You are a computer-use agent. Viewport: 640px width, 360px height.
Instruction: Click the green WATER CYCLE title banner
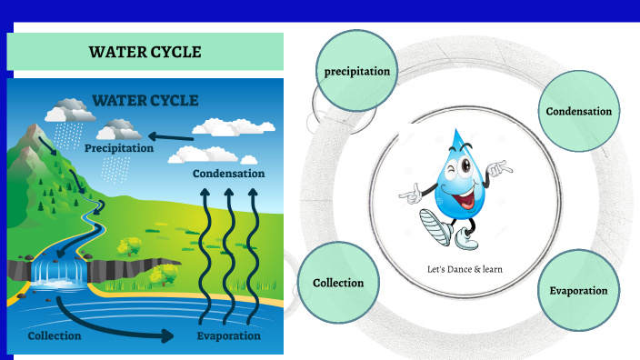coord(145,52)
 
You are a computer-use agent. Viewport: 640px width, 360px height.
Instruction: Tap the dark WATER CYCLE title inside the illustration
coord(145,98)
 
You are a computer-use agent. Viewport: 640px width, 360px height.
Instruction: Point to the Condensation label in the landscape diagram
coord(228,173)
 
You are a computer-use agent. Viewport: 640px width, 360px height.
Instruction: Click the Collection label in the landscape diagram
coord(55,335)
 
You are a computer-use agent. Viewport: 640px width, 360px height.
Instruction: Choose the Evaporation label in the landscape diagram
coord(228,335)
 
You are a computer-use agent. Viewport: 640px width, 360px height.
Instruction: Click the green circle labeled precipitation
coord(357,71)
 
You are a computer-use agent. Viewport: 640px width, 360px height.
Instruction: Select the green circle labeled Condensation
coord(578,111)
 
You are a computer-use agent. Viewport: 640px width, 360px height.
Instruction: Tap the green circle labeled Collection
coord(338,283)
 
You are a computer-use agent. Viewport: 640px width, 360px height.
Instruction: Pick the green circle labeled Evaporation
coord(578,291)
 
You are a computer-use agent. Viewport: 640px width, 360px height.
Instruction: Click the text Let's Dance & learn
coord(465,269)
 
